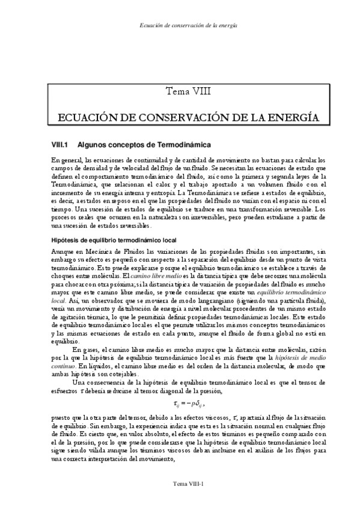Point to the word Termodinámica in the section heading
[x=180, y=145]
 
